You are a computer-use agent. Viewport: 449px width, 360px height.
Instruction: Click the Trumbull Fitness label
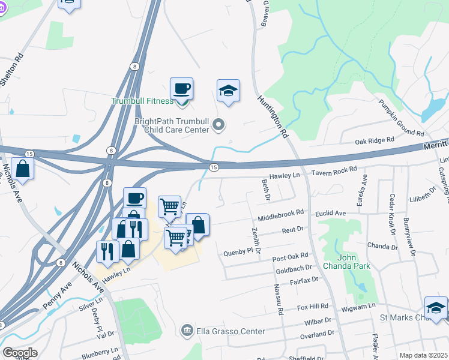[142, 101]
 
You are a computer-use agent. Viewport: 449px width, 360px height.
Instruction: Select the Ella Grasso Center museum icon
[187, 331]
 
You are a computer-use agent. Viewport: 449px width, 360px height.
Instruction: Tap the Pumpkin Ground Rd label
[400, 117]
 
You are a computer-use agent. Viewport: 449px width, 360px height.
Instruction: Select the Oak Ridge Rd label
[375, 140]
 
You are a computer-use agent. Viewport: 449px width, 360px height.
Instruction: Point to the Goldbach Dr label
[293, 268]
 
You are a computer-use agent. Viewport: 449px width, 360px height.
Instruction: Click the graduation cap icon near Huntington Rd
[228, 91]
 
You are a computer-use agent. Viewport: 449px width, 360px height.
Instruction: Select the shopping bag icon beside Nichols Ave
[23, 169]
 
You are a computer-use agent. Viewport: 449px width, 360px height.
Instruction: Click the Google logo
[19, 353]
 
